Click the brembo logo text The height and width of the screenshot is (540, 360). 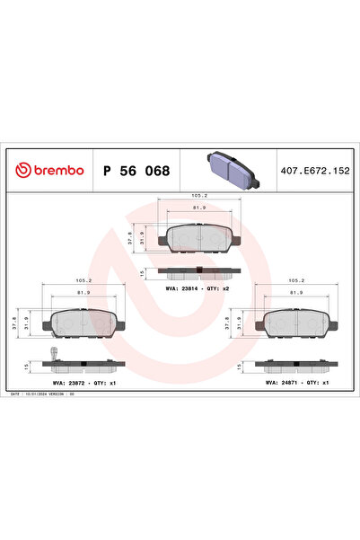click(x=51, y=170)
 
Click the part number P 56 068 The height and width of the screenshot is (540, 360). click(x=136, y=170)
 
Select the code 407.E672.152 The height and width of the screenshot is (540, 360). click(x=315, y=170)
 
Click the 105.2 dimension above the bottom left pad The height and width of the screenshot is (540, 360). click(x=80, y=279)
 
